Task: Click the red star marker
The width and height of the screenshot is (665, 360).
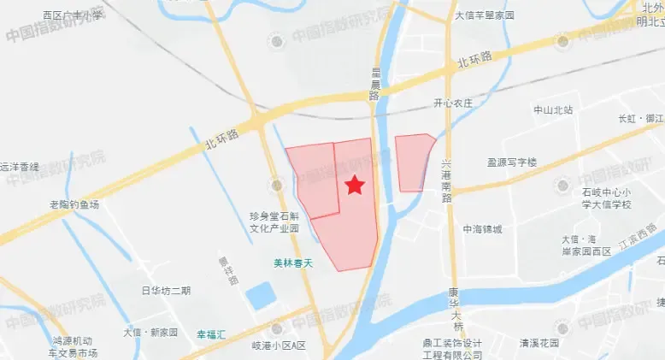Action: (x=355, y=185)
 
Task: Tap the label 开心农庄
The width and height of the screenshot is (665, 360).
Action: (x=453, y=103)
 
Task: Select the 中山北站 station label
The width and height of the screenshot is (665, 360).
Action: (x=553, y=110)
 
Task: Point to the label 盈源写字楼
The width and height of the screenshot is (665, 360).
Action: (x=511, y=162)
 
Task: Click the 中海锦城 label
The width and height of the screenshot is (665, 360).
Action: (x=483, y=229)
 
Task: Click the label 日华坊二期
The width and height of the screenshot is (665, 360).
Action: (x=166, y=291)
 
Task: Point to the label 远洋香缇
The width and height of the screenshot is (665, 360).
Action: (x=20, y=167)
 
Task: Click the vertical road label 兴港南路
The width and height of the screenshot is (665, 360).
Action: (x=446, y=180)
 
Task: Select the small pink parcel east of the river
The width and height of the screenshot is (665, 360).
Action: (x=413, y=162)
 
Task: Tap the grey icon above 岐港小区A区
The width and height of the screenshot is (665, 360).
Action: (x=275, y=328)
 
